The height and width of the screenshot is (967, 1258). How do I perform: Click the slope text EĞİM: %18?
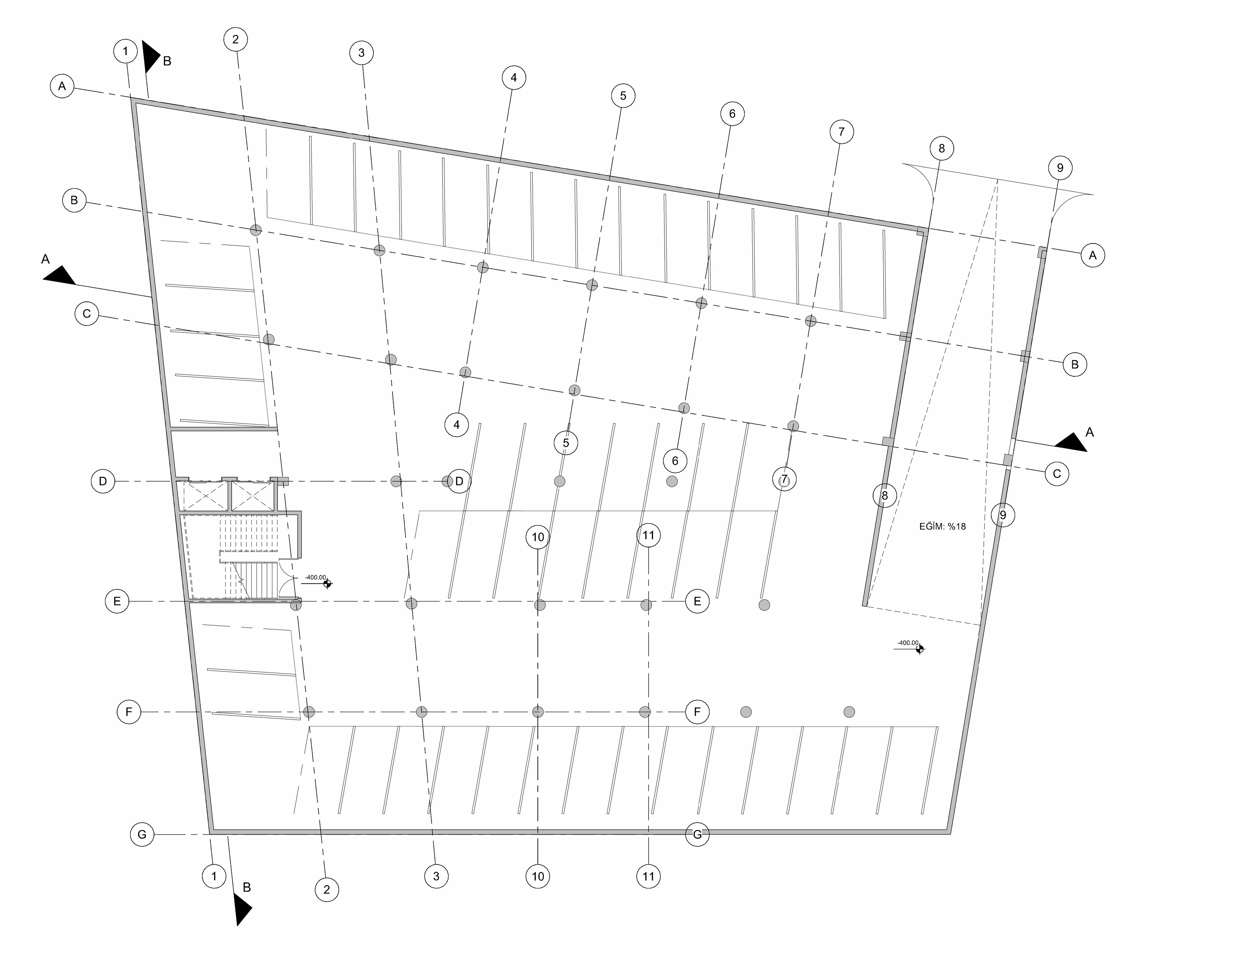point(942,526)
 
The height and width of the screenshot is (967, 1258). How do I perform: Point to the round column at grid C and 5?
point(574,390)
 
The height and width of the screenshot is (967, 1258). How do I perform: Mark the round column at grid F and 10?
point(538,712)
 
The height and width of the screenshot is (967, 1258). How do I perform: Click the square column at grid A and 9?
point(1042,253)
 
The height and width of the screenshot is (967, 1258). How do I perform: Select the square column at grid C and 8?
point(888,442)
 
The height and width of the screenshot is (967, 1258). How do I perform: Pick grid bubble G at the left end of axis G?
point(142,834)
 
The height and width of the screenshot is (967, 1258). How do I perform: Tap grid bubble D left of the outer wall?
point(103,481)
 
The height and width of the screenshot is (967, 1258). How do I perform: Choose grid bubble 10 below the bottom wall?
point(538,876)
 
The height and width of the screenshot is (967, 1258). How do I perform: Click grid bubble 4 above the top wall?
point(513,78)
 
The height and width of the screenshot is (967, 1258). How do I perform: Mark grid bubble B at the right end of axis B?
point(1075,364)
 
